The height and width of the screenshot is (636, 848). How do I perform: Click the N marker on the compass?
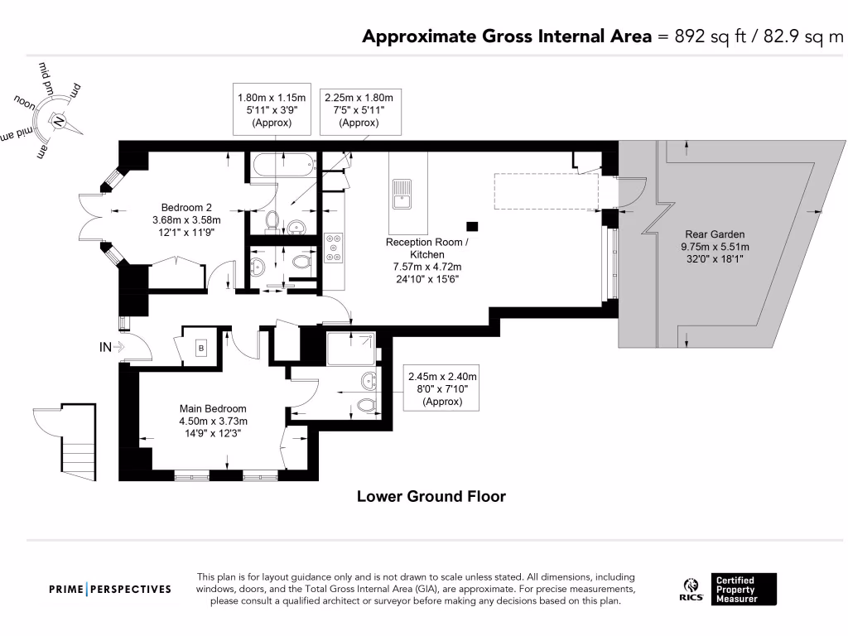[x=60, y=121]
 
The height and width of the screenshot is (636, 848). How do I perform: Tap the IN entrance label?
[x=105, y=347]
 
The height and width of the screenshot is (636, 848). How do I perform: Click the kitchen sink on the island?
[x=402, y=195]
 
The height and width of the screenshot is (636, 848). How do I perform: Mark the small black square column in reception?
[x=472, y=225]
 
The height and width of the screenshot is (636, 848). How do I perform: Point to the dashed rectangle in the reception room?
[x=546, y=190]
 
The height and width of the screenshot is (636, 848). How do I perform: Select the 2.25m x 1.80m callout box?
[x=360, y=109]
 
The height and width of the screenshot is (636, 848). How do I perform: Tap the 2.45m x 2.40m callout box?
[x=443, y=388]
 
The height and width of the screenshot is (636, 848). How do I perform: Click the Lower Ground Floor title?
[x=431, y=497]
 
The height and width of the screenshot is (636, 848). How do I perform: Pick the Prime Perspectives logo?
[x=110, y=589]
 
